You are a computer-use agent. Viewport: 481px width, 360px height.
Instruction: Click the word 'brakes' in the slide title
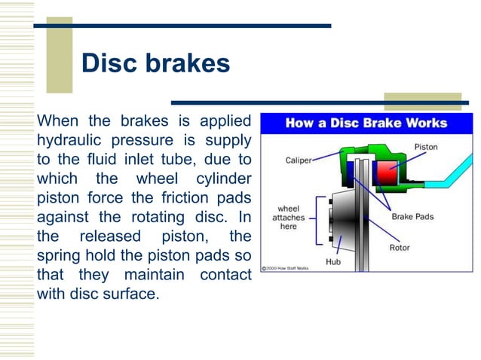coord(187,64)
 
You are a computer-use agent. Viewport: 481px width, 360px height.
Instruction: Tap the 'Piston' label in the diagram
coord(425,147)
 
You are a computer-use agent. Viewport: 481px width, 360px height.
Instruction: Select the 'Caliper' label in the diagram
coord(299,160)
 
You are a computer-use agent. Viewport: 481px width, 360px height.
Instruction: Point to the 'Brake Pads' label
coord(412,217)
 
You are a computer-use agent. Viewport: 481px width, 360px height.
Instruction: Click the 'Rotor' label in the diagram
coord(400,246)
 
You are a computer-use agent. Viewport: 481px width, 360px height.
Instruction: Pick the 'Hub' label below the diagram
coord(334,262)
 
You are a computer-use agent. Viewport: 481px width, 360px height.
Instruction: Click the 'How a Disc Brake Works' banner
coord(366,124)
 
